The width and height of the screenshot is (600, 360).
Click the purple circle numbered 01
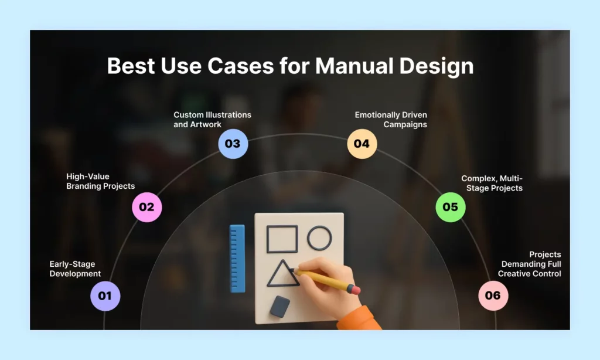click(105, 296)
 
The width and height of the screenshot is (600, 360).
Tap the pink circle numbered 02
click(146, 207)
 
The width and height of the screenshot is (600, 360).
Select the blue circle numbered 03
click(233, 144)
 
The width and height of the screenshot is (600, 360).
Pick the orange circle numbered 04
click(362, 144)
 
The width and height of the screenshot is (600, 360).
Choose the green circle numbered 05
click(450, 207)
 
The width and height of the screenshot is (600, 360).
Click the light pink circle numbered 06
click(493, 296)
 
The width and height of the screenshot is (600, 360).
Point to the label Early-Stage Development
click(75, 269)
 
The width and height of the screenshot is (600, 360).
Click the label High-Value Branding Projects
click(100, 181)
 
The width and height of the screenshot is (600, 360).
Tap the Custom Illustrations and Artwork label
click(212, 120)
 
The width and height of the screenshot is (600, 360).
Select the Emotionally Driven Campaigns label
click(391, 120)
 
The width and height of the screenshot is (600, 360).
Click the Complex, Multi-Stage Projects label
click(492, 183)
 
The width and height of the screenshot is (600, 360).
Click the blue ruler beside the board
click(237, 258)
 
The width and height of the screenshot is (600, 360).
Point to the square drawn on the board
click(282, 239)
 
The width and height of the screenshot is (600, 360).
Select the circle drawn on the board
click(319, 238)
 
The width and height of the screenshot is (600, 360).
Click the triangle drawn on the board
click(282, 274)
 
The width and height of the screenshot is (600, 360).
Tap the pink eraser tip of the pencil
click(353, 289)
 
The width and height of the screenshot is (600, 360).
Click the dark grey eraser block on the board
click(281, 305)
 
